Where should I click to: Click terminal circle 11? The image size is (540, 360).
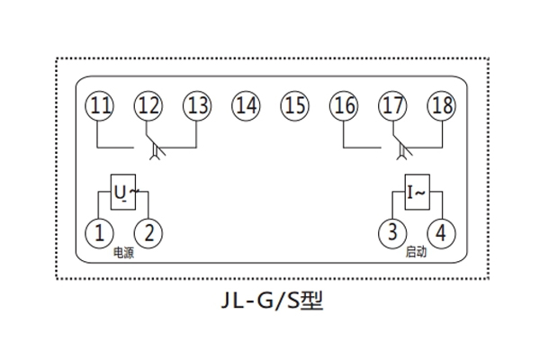101,105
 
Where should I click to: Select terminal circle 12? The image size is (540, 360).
148,105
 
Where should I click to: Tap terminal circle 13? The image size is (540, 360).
197,105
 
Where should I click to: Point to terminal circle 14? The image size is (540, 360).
246,105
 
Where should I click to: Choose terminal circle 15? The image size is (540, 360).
294,105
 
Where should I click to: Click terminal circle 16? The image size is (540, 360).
343,105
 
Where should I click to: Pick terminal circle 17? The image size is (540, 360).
391,105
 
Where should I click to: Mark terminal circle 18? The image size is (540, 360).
440,105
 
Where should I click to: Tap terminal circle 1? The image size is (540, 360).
99,233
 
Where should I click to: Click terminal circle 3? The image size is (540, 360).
391,233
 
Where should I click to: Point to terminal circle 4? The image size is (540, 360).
440,233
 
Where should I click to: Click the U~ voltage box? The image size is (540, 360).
124,191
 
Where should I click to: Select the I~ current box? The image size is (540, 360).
416,191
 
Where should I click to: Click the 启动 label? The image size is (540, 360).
416,254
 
